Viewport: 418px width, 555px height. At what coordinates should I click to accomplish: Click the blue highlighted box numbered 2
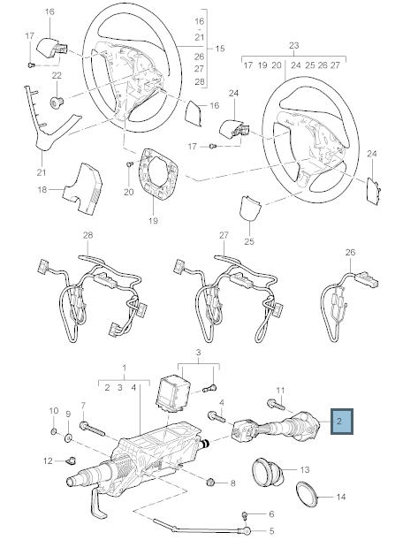coord(341,422)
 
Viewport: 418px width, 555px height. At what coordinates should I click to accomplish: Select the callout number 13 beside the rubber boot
coord(305,469)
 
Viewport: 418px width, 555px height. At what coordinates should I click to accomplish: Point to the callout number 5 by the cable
coord(271,531)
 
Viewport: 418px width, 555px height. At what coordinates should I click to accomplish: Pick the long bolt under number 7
coord(92,429)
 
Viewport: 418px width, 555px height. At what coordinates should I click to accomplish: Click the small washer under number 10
coord(53,431)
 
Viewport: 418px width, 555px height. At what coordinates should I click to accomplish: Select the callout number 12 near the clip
coord(48,460)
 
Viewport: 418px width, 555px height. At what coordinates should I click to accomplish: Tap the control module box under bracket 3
coord(174,393)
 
